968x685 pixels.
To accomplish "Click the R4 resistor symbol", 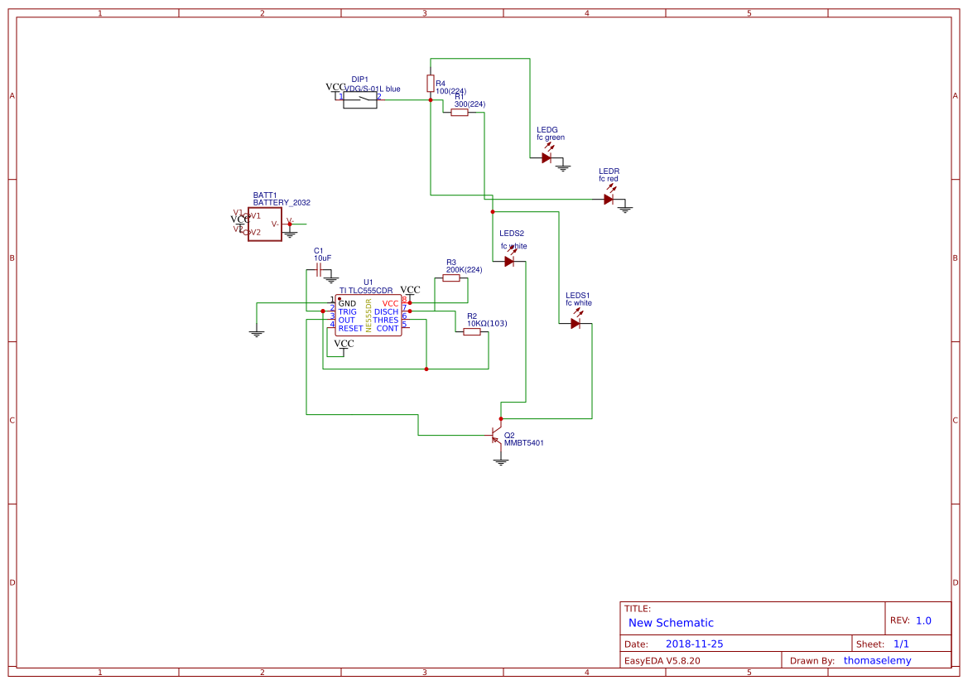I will pos(430,83).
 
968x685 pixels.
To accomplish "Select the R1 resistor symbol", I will pos(460,113).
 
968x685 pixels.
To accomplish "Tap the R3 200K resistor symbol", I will pos(451,278).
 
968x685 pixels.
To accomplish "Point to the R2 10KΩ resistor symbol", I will pos(472,332).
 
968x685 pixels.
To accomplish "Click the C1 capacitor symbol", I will pos(320,270).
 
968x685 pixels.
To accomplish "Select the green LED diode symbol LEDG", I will pos(547,157).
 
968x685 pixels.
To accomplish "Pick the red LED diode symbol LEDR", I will pos(609,199).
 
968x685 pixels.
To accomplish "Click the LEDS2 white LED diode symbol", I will pos(509,261).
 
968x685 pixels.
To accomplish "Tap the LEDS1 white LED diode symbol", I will pos(576,323).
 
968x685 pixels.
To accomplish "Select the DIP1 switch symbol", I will pos(360,99).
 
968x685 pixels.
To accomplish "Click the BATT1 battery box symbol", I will pos(265,224).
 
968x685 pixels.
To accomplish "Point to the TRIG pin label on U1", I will pos(348,311).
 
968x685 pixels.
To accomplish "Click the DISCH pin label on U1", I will pos(386,311).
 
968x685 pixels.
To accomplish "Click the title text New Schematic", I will pos(671,623).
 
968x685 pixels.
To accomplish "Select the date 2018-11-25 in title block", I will pos(694,644).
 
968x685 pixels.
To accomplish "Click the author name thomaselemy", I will pos(877,660).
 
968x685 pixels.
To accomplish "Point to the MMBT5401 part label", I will pos(523,443).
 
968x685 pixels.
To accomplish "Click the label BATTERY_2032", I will pos(282,202).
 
